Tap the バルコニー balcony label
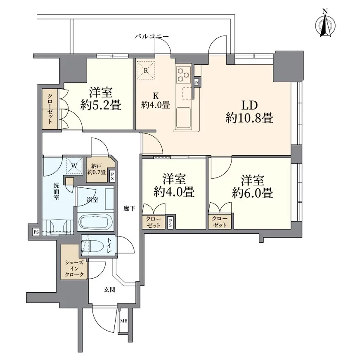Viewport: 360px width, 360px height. point(152,37)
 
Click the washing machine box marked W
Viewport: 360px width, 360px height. point(74,166)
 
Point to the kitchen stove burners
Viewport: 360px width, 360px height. point(183,74)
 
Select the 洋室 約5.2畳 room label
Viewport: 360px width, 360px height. point(101,99)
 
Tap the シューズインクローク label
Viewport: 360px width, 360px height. point(74,268)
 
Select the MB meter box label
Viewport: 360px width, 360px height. point(123,321)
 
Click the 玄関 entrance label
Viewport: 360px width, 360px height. point(109,290)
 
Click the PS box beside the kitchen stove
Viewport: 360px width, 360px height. point(197,82)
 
